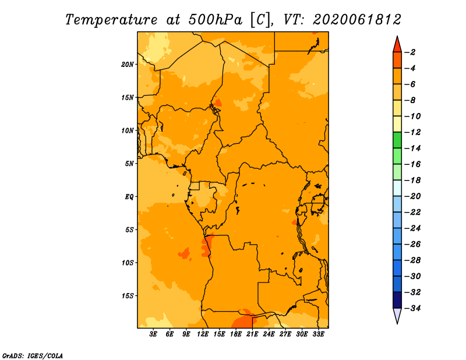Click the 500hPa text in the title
click(x=215, y=20)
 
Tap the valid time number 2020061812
click(x=356, y=20)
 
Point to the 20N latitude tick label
click(x=128, y=65)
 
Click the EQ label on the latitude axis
click(x=129, y=197)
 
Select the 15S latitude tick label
click(x=128, y=296)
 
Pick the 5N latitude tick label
click(x=129, y=164)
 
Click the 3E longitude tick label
click(x=153, y=334)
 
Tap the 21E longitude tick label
click(x=252, y=334)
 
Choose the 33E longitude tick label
click(x=318, y=334)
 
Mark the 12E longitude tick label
click(x=203, y=334)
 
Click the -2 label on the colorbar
click(x=410, y=52)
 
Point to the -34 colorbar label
click(x=412, y=308)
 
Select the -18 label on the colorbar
click(x=412, y=180)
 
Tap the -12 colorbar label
click(x=412, y=132)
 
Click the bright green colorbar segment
click(x=397, y=140)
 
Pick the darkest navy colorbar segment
click(x=397, y=300)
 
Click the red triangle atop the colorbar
click(x=397, y=45)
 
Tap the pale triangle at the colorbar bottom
click(x=397, y=316)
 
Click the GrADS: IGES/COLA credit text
click(x=33, y=355)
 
